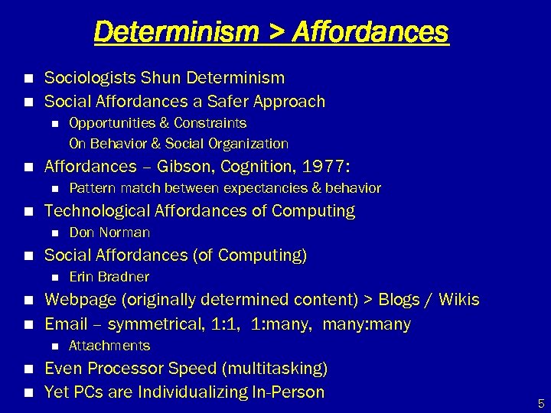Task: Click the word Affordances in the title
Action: click(371, 32)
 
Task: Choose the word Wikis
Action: click(458, 300)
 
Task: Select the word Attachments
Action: click(109, 346)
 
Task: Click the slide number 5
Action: click(541, 403)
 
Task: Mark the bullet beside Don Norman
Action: click(54, 233)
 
